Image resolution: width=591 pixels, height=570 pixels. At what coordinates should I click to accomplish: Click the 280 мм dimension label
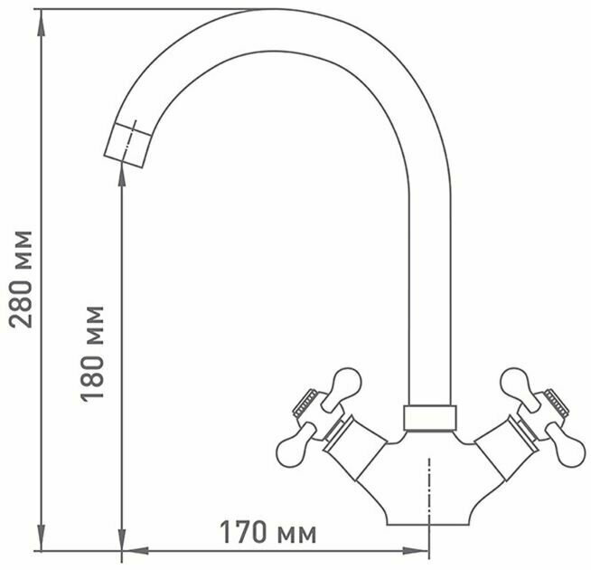tap(21, 280)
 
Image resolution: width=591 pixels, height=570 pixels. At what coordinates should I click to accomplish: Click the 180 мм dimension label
tap(92, 354)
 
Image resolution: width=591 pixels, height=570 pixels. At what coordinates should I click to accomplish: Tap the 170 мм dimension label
tap(267, 532)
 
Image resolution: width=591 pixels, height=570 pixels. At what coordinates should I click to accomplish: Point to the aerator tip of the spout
tap(128, 146)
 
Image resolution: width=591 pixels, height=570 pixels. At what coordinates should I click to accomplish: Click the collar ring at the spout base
tap(429, 418)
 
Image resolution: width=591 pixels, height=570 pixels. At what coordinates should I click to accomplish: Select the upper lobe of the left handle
tap(343, 387)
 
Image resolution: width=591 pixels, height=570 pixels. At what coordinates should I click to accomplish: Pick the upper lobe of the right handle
tap(520, 387)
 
